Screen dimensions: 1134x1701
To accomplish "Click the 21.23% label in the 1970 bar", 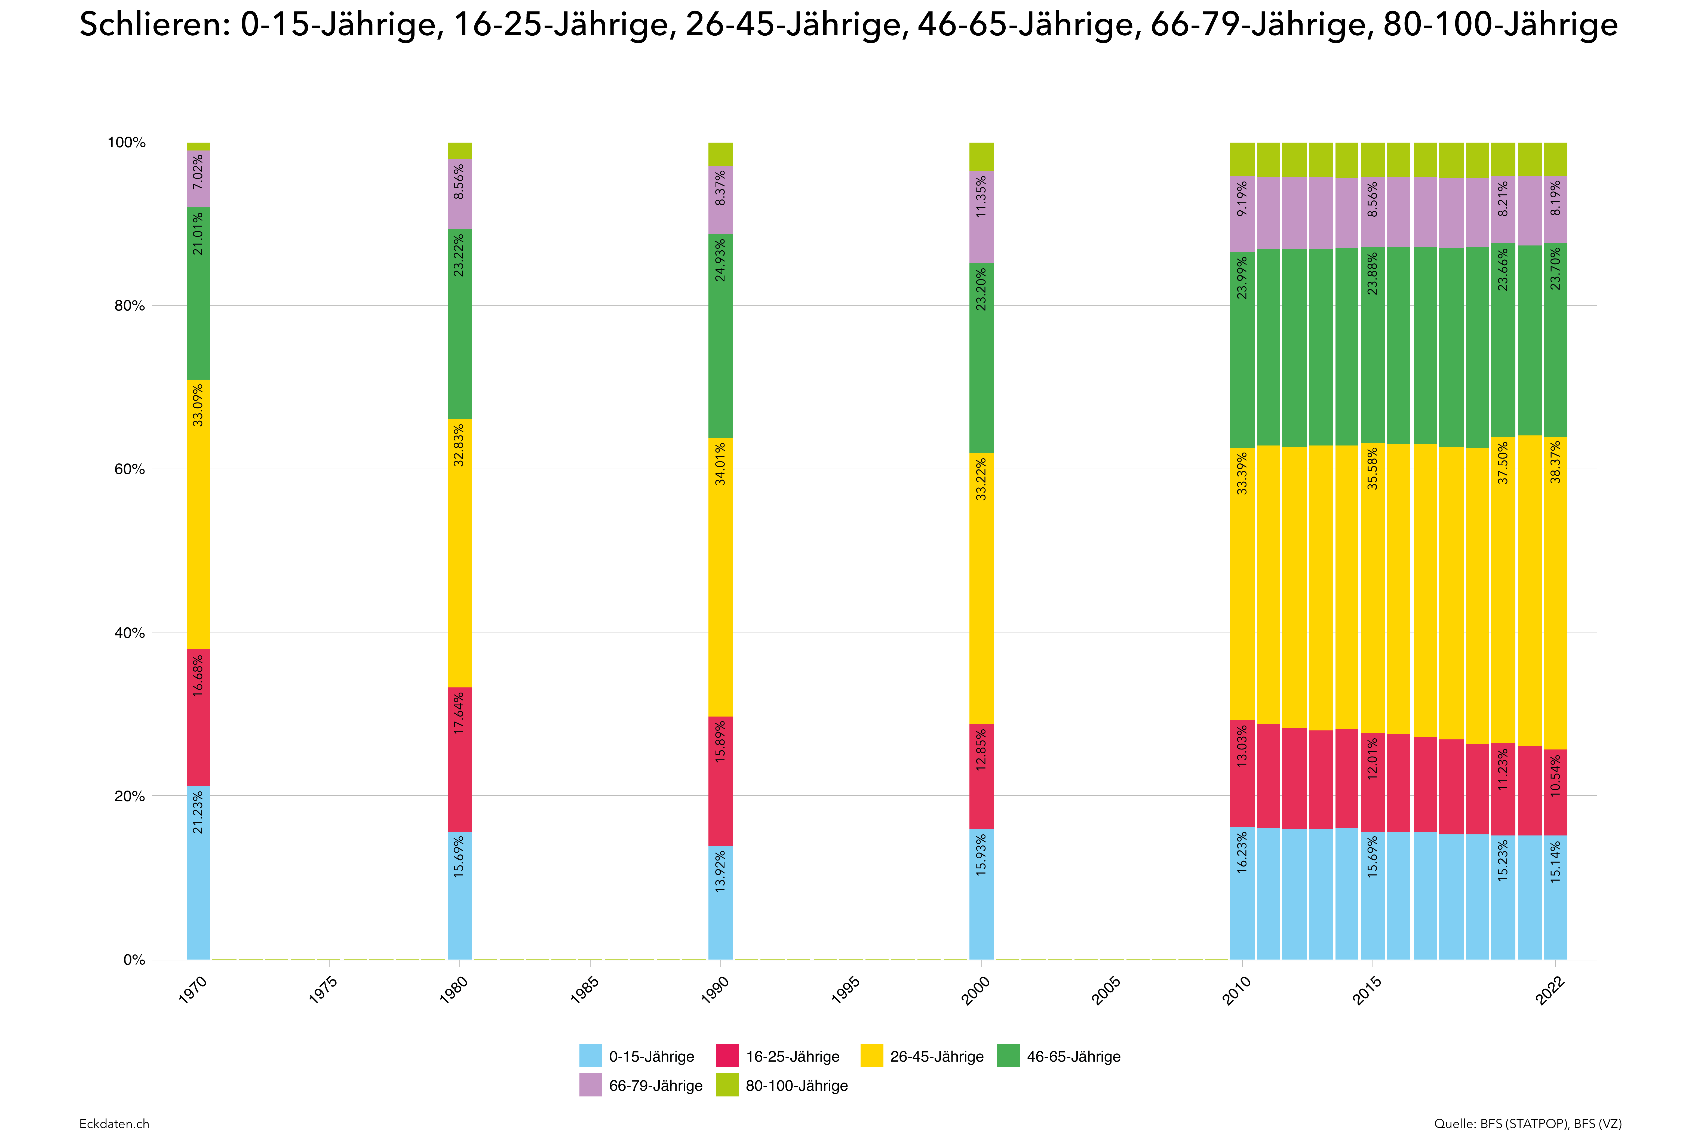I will (198, 813).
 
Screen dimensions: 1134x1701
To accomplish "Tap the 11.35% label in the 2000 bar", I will (981, 197).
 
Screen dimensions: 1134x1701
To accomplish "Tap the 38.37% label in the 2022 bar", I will (1556, 463).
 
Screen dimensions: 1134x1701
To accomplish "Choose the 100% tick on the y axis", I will (127, 143).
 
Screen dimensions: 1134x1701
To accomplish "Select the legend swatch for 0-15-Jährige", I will (590, 1056).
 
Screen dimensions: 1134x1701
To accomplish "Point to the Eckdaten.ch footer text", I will (114, 1123).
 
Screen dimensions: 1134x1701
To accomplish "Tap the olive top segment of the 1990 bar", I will (720, 154).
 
